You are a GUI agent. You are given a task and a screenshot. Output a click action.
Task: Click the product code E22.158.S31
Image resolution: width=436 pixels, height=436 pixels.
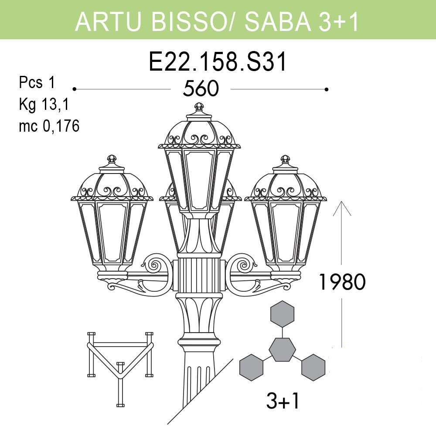[x=218, y=62]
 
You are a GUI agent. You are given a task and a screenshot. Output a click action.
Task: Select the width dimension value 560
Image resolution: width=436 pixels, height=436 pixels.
[x=200, y=89]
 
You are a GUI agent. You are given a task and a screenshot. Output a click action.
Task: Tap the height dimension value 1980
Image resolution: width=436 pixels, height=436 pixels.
[x=341, y=282]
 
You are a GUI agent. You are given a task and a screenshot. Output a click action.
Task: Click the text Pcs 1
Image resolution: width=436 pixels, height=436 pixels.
[x=37, y=82]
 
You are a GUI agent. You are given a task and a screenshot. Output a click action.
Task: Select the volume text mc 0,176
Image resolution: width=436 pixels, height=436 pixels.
[x=49, y=126]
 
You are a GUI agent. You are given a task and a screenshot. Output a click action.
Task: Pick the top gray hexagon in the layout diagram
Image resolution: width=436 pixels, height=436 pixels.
[x=283, y=313]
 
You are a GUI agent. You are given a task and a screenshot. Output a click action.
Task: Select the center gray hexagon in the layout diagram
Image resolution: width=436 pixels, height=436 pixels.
[x=282, y=349]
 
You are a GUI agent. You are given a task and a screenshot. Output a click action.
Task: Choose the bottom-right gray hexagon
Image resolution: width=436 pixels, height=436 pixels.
[x=313, y=366]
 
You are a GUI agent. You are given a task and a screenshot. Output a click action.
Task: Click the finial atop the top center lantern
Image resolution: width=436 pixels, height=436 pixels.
[x=199, y=107]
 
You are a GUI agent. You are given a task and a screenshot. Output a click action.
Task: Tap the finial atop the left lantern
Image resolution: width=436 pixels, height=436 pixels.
[x=112, y=159]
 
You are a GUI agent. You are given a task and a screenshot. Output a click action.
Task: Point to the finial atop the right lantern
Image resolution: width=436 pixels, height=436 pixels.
[x=286, y=159]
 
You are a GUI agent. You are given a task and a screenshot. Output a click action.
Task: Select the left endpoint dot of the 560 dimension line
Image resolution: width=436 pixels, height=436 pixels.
[x=75, y=89]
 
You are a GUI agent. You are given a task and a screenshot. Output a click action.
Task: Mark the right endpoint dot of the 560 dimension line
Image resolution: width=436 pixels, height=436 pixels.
[x=326, y=89]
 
